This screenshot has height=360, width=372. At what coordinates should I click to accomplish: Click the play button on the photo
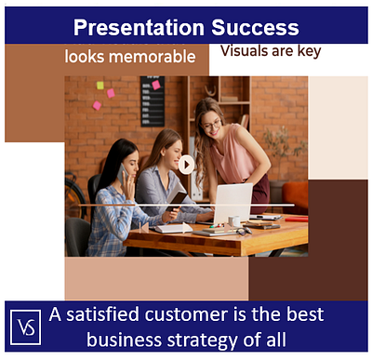tap(187, 165)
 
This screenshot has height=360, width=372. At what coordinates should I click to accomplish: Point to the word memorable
tap(152, 57)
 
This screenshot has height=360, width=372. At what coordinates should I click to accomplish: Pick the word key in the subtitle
tap(307, 50)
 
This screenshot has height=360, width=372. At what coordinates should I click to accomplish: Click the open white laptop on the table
tap(232, 203)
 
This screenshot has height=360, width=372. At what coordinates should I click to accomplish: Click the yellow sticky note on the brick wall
tap(100, 86)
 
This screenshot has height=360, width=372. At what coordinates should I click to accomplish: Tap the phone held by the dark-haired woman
tap(122, 171)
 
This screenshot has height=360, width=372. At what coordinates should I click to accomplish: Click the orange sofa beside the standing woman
tap(296, 194)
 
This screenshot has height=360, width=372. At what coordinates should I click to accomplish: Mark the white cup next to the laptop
tap(234, 221)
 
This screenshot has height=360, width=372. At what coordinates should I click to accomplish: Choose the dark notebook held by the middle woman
tap(177, 197)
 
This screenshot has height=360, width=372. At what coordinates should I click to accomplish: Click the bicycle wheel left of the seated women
tap(74, 199)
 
